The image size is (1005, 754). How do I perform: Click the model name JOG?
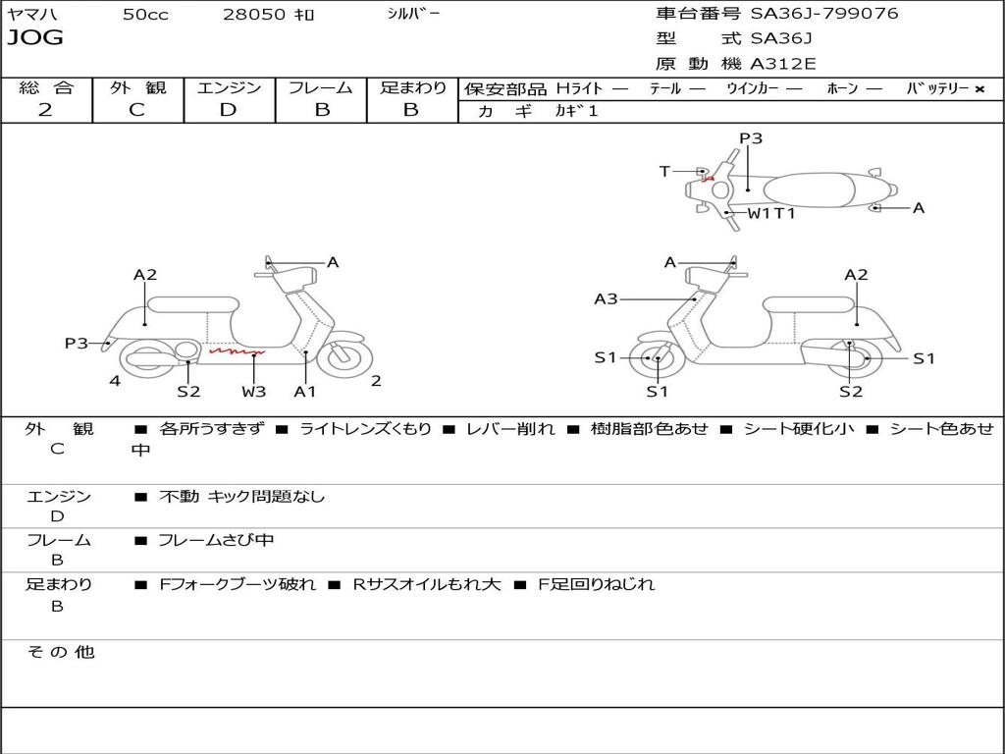[x=35, y=38]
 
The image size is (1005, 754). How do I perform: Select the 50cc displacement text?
[x=145, y=15]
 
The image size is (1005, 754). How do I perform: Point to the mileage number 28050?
[x=254, y=15]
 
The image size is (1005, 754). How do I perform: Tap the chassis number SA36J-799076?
[x=823, y=14]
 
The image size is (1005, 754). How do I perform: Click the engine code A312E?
[x=783, y=65]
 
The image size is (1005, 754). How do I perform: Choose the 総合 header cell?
[x=46, y=88]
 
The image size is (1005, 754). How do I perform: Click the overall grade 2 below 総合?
[x=45, y=110]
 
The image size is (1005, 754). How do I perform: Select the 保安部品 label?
[x=504, y=89]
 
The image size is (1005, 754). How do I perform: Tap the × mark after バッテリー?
[x=979, y=89]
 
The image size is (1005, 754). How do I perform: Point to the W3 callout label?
[x=254, y=392]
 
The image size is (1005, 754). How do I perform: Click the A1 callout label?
[x=305, y=392]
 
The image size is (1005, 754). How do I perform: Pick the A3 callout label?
[x=606, y=299]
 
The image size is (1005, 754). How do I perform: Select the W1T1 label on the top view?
[x=771, y=213]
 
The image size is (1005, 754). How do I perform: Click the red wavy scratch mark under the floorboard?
[x=236, y=350]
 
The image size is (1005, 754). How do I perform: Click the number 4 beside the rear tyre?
[x=115, y=381]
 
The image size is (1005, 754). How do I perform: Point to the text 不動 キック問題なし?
[x=241, y=497]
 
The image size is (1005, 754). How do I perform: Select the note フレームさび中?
[x=216, y=540]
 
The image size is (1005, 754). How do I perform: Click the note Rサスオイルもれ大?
[x=426, y=584]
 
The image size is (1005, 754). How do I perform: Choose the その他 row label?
[x=61, y=652]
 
